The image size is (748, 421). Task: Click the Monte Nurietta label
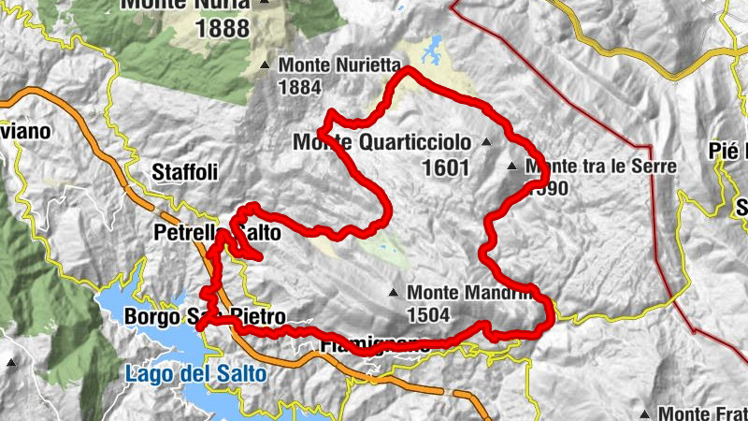[x=338, y=66]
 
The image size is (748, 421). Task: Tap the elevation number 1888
[x=223, y=28]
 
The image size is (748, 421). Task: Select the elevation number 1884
[x=300, y=89]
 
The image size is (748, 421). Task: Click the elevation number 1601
[x=445, y=168]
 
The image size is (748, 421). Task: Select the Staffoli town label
[x=184, y=172]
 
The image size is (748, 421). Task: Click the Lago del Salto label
[x=195, y=374]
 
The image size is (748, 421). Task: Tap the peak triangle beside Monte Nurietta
[x=265, y=65]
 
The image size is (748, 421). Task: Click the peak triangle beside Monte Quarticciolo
[x=485, y=142]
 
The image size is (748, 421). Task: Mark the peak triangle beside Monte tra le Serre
[x=511, y=167]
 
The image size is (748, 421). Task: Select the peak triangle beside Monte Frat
[x=646, y=413]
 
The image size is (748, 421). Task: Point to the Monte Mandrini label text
[x=467, y=293]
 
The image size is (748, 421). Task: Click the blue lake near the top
[x=433, y=44]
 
